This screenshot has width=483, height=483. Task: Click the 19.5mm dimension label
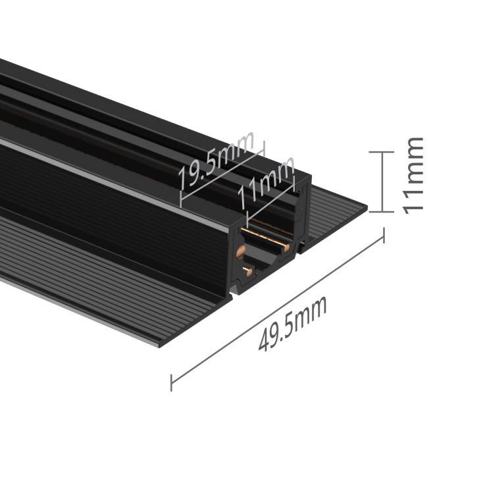[216, 161]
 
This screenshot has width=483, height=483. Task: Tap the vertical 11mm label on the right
[413, 176]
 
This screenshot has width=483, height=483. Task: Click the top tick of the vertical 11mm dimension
[382, 152]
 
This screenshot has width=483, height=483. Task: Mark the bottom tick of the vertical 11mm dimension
[382, 212]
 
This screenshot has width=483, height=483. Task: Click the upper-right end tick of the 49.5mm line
[384, 235]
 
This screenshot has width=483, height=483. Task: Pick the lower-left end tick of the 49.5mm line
[171, 383]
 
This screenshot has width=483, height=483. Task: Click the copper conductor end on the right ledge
[287, 247]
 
